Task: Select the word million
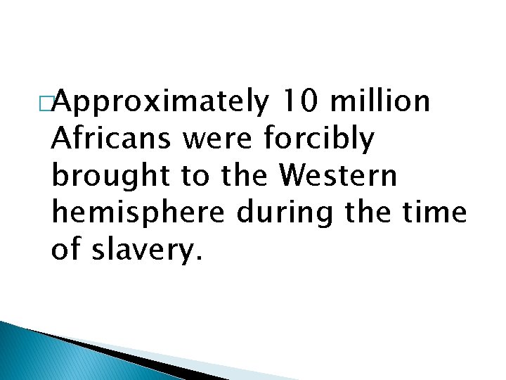(x=380, y=102)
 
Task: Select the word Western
(x=339, y=177)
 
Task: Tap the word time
(x=440, y=213)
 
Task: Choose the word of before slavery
(x=67, y=250)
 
